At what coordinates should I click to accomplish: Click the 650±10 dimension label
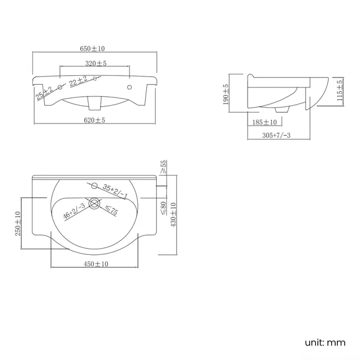point(96,49)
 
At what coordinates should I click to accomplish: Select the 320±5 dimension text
point(96,64)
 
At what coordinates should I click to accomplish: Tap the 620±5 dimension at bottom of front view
point(95,120)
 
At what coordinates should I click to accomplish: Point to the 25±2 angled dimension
point(44,93)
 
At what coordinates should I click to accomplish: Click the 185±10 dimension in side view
point(265,122)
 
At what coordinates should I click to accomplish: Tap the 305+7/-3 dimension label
point(276,136)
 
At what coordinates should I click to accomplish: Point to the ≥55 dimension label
point(163,168)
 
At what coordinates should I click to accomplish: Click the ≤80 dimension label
point(163,208)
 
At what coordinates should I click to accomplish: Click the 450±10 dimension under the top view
point(96,264)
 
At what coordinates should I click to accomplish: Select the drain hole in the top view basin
point(94,204)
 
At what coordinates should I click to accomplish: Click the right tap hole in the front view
point(130,88)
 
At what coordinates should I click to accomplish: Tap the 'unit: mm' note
point(325,342)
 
